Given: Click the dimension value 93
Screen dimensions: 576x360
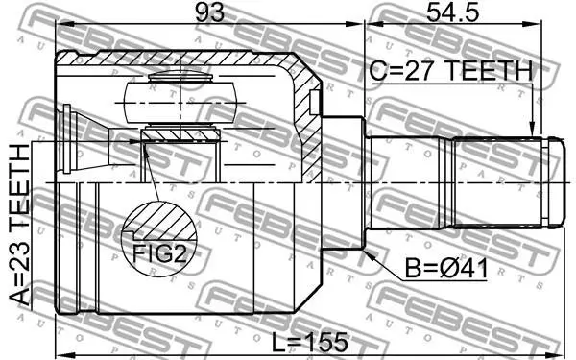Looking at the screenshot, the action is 209,12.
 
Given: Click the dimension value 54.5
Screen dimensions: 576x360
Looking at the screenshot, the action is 452,12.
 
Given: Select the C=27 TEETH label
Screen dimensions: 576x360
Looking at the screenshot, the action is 451,71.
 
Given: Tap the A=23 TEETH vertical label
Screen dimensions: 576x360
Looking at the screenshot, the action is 19,225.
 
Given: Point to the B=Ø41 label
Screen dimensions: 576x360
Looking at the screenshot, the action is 446,268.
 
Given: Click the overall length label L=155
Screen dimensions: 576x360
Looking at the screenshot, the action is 309,342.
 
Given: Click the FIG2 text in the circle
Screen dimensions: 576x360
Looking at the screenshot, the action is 159,253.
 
